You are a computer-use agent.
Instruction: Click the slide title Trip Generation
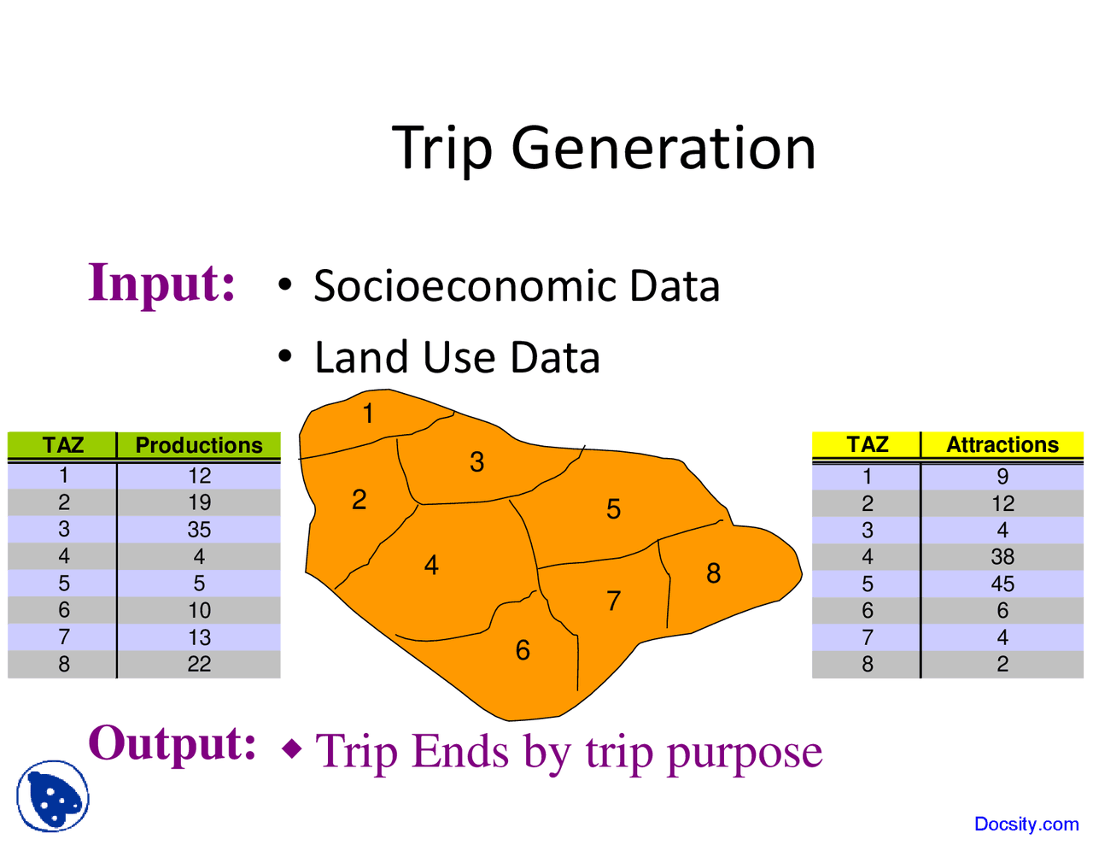pyautogui.click(x=604, y=148)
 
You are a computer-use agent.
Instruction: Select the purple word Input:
pyautogui.click(x=161, y=283)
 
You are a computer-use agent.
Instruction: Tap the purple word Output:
pyautogui.click(x=172, y=743)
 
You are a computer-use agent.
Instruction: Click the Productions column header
pyautogui.click(x=199, y=445)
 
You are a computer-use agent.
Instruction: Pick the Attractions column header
pyautogui.click(x=1002, y=445)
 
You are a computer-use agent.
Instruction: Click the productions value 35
pyautogui.click(x=199, y=530)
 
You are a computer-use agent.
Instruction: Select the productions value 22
pyautogui.click(x=199, y=664)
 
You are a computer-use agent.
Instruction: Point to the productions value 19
pyautogui.click(x=199, y=502)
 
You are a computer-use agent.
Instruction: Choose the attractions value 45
pyautogui.click(x=1002, y=584)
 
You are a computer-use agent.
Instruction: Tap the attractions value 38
pyautogui.click(x=1002, y=557)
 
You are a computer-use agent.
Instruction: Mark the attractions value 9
pyautogui.click(x=1002, y=477)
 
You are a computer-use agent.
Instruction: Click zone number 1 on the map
pyautogui.click(x=368, y=414)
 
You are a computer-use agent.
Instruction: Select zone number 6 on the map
pyautogui.click(x=523, y=651)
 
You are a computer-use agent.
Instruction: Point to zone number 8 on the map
pyautogui.click(x=713, y=573)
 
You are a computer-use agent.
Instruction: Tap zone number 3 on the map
pyautogui.click(x=476, y=462)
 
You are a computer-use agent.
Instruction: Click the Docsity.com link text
pyautogui.click(x=1026, y=824)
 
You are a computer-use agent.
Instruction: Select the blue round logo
pyautogui.click(x=53, y=796)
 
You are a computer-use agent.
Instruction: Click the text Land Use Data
pyautogui.click(x=457, y=357)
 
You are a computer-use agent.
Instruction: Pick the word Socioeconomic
pyautogui.click(x=465, y=286)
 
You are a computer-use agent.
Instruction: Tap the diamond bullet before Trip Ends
pyautogui.click(x=292, y=750)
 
